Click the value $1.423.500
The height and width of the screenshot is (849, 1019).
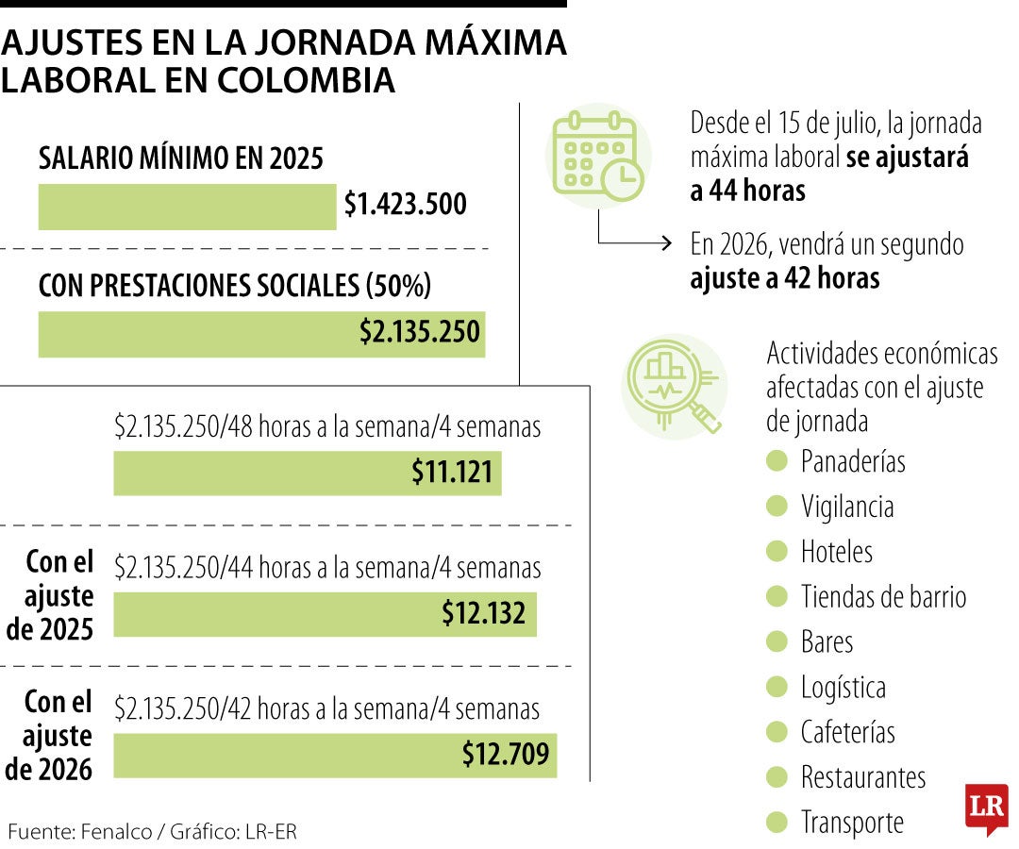pos(405,205)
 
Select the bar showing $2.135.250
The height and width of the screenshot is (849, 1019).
pos(261,334)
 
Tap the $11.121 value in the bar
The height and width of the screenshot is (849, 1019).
pos(452,473)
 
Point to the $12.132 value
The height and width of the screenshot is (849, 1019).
pos(483,614)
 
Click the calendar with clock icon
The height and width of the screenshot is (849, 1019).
pos(597,154)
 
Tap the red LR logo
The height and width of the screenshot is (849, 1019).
pos(986,808)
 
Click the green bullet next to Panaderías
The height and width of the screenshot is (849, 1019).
pos(777,460)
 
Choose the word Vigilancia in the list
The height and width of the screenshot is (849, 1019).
pos(846,507)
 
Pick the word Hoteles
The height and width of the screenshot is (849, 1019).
pos(836,551)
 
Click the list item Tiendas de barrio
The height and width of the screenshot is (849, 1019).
pos(883,596)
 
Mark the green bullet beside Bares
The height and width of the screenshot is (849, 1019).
pos(777,641)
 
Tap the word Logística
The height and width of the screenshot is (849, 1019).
pos(843,687)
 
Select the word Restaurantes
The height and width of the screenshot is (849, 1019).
pos(862,777)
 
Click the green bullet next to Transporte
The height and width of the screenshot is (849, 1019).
pos(777,823)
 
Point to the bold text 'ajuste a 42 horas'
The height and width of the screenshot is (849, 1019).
pos(784,278)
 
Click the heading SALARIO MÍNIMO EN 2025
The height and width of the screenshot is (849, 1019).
pos(180,158)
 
